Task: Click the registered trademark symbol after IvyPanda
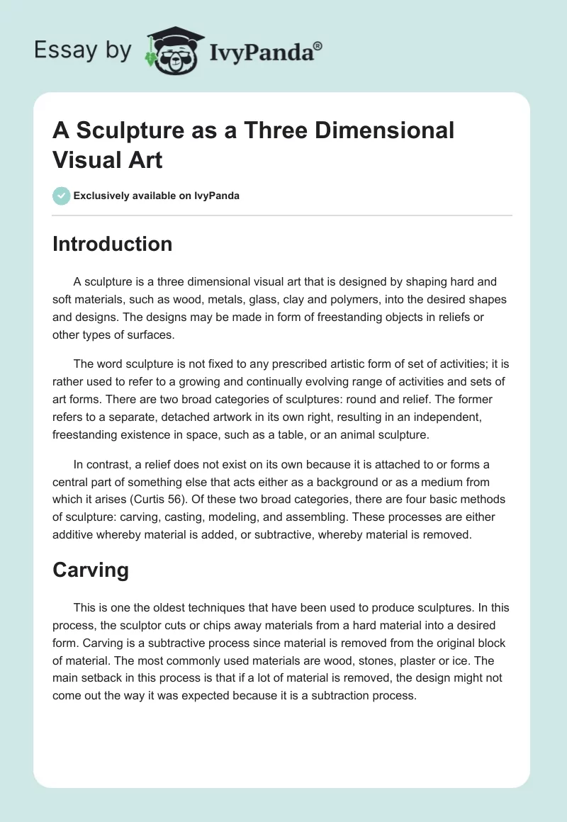318,46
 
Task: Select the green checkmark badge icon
61,196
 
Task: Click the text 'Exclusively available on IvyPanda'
156,196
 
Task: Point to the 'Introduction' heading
112,244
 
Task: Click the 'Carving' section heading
91,571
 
